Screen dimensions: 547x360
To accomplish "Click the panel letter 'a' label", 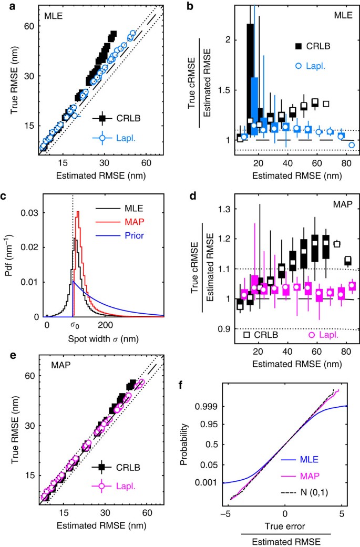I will [x=7, y=7].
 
